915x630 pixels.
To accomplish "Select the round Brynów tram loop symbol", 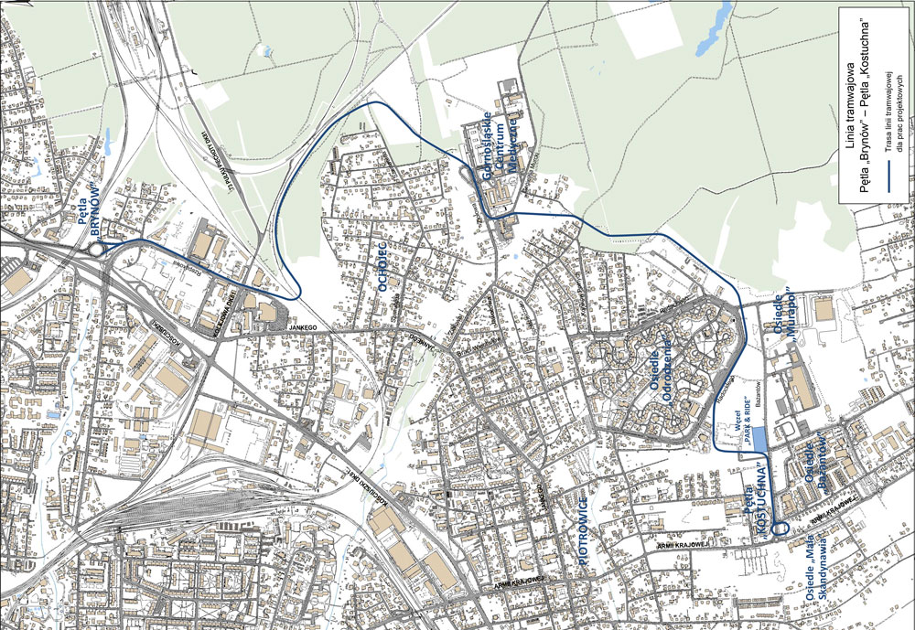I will click(x=95, y=248).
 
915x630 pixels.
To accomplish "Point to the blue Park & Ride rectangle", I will click(x=758, y=442).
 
